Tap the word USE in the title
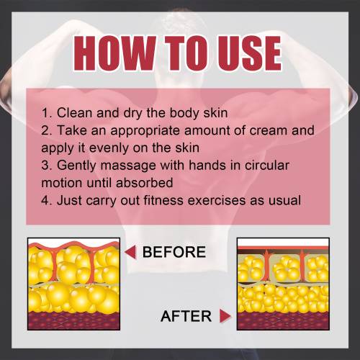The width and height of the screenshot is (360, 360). pos(250,53)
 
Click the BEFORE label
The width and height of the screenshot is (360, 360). pos(174,252)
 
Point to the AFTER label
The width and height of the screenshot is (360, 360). pos(186,316)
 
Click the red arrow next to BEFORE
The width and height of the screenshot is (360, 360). pos(130,252)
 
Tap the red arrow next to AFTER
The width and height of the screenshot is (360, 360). pos(225,316)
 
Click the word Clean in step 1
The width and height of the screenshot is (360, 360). pos(75,113)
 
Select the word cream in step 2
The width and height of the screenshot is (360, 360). pos(269,131)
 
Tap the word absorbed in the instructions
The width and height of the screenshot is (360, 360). pos(144,183)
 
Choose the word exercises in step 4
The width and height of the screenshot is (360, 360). pos(217,200)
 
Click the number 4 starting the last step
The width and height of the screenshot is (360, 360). pos(45,200)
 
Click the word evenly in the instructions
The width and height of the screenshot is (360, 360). pos(109,148)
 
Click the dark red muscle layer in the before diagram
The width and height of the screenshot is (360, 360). pos(74,320)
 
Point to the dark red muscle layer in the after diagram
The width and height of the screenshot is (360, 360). pos(283,320)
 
